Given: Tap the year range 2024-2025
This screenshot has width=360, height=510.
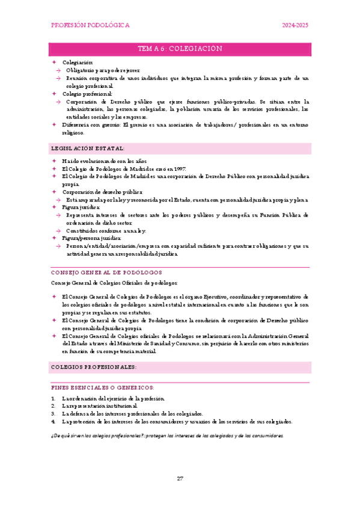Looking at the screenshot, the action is [296, 26].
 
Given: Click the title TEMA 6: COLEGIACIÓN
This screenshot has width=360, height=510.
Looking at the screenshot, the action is [180, 49].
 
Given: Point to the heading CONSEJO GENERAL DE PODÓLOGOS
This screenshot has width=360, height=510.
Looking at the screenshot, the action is [103, 272].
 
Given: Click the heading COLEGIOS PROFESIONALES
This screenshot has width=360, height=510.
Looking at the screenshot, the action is [94, 367].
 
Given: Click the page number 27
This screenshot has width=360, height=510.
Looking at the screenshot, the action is [180, 479].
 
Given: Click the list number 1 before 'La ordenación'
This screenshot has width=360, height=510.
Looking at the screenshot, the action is [53, 399].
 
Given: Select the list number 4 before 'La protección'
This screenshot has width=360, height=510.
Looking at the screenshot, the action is [53, 422].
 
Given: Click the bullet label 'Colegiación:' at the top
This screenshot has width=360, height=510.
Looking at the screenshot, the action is [78, 63].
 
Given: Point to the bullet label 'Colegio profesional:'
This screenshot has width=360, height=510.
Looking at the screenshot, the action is [87, 94].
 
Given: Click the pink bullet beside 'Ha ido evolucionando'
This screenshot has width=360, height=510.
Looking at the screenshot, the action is [53, 161].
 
